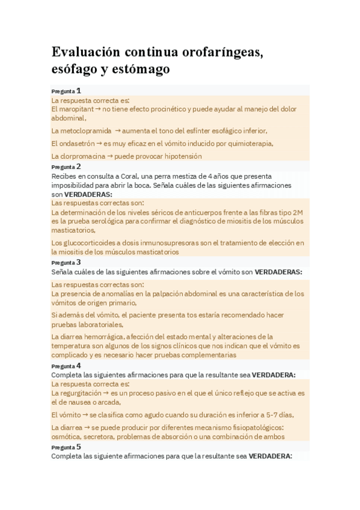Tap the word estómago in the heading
(x=141, y=70)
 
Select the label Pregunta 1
(x=66, y=91)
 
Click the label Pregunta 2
(x=66, y=167)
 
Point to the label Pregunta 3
(x=66, y=263)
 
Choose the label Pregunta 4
(x=66, y=366)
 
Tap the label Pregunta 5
(x=66, y=447)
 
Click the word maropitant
(x=76, y=109)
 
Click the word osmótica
(x=68, y=437)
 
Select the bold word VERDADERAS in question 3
(x=278, y=272)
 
